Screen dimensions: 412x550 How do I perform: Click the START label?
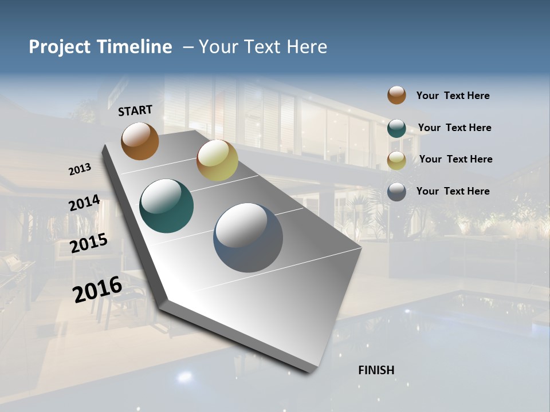coord(135,110)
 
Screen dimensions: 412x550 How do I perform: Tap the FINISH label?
coord(376,370)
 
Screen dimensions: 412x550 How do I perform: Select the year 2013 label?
coord(80,169)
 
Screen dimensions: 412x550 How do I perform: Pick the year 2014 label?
coord(85,203)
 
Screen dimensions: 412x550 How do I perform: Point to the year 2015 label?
coord(89,243)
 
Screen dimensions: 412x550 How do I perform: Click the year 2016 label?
coord(97,289)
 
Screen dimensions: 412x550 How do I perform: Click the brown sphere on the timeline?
coord(140,141)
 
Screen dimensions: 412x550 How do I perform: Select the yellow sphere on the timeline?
coord(217,160)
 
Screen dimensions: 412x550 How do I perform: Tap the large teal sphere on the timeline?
coord(166,206)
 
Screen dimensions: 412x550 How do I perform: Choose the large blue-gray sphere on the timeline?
coord(248,237)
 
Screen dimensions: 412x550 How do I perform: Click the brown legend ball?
coord(396,95)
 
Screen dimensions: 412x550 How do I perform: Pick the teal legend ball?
coord(396,128)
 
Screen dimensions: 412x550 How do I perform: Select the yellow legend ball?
coord(396,160)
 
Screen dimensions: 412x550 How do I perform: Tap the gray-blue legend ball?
coord(396,192)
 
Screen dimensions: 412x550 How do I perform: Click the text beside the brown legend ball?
coord(453,96)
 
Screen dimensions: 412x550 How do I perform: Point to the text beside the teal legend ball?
coord(454,128)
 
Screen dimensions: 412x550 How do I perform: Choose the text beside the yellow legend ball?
coord(455,159)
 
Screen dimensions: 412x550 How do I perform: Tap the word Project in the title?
coord(58,47)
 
